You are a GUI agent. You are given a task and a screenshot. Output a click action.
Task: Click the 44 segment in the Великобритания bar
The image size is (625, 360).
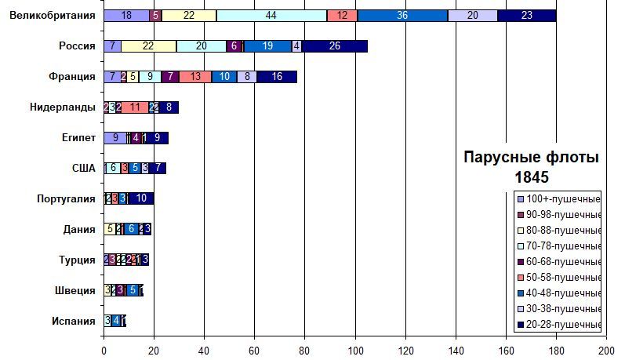(x=271, y=16)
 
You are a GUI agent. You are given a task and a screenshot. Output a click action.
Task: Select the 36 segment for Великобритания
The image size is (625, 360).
(x=402, y=16)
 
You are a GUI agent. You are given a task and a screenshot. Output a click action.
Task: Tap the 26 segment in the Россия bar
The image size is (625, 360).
(x=335, y=46)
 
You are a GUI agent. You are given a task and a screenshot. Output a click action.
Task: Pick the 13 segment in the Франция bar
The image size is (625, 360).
(x=195, y=77)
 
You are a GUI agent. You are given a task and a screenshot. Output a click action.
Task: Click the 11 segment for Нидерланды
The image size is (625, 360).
(x=135, y=107)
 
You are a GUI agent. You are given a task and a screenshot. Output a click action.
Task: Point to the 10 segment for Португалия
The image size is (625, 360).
(x=141, y=198)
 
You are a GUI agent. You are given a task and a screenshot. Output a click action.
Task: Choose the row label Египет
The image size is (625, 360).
(x=79, y=138)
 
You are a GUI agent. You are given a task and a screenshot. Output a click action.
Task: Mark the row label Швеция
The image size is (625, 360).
(x=78, y=290)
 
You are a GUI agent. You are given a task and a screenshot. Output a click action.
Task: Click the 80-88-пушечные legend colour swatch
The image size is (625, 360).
(x=519, y=231)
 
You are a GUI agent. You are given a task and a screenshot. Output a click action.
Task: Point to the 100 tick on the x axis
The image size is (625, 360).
(x=355, y=350)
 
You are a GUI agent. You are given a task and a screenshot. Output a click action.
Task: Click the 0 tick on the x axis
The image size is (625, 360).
(x=104, y=350)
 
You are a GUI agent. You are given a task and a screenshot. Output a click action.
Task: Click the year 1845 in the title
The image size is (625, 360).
(x=531, y=177)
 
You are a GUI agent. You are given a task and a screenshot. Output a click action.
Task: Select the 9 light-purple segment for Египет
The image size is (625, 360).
(x=115, y=138)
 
